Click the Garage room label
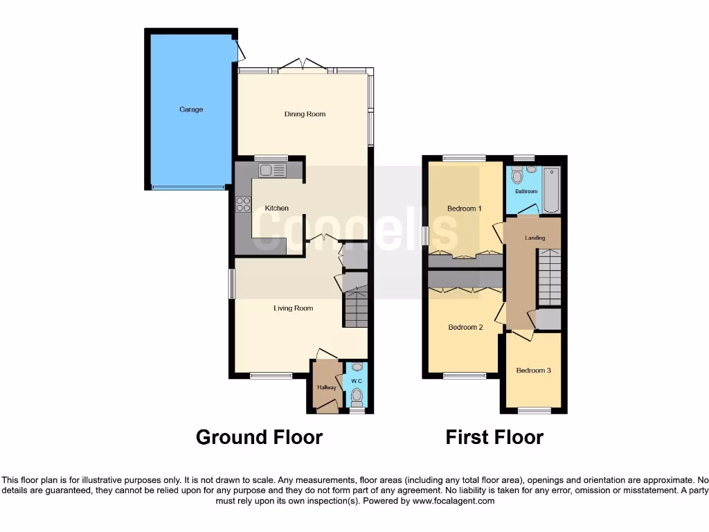pyautogui.click(x=191, y=109)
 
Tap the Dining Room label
pyautogui.click(x=305, y=114)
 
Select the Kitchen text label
pyautogui.click(x=276, y=209)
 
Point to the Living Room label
pyautogui.click(x=294, y=308)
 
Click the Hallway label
pyautogui.click(x=326, y=387)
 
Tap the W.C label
pyautogui.click(x=357, y=380)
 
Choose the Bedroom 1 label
pyautogui.click(x=464, y=209)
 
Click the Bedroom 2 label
pyautogui.click(x=465, y=327)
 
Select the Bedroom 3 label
pyautogui.click(x=533, y=371)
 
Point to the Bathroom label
pyautogui.click(x=526, y=192)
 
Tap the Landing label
pyautogui.click(x=535, y=238)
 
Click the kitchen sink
pyautogui.click(x=272, y=170)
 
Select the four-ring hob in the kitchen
pyautogui.click(x=243, y=204)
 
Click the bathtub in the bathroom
pyautogui.click(x=551, y=190)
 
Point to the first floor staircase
pyautogui.click(x=549, y=277)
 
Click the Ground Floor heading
pyautogui.click(x=259, y=437)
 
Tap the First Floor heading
pyautogui.click(x=494, y=437)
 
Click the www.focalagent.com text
pyautogui.click(x=454, y=501)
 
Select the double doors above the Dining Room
pyautogui.click(x=302, y=66)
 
